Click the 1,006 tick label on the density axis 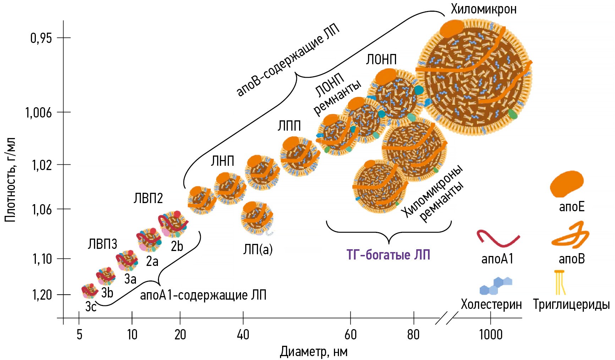(x=38, y=113)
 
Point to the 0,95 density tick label (x=41, y=38)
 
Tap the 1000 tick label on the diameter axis (x=490, y=334)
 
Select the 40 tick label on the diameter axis (x=243, y=334)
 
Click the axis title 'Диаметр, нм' (x=313, y=352)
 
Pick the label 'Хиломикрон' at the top (x=483, y=9)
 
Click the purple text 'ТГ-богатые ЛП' (x=388, y=255)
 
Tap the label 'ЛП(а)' (x=258, y=249)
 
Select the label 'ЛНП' (x=223, y=161)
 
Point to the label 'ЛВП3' (x=103, y=244)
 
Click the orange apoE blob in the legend (x=566, y=184)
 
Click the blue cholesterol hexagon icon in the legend (x=496, y=286)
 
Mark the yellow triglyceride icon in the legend (x=560, y=283)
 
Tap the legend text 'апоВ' (x=571, y=259)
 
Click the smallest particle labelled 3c (x=89, y=291)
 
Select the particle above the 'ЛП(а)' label (x=257, y=217)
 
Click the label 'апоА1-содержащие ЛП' (x=203, y=295)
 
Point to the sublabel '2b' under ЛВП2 (x=177, y=246)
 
